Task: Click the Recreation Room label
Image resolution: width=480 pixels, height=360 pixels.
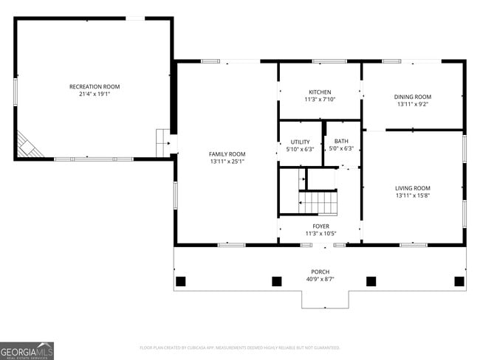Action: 94,86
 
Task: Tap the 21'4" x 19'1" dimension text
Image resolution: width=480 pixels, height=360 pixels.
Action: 94,94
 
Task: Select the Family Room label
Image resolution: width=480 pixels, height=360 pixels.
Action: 227,153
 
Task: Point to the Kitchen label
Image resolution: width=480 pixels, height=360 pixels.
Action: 320,92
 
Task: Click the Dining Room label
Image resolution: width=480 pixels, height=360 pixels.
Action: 412,97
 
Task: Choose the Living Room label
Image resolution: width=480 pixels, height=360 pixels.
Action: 412,188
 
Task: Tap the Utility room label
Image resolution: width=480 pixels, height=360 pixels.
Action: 300,142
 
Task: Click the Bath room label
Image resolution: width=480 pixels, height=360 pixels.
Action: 340,141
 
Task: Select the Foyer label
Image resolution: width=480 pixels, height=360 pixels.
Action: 320,226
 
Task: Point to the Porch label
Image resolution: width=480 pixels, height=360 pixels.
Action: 320,271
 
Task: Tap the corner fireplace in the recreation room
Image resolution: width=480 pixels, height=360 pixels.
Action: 28,145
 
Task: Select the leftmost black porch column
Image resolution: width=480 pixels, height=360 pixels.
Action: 180,281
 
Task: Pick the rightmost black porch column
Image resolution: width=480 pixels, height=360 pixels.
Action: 459,281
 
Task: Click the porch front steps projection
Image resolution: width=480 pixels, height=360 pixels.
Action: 324,299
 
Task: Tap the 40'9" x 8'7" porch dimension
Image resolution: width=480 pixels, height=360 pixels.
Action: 320,280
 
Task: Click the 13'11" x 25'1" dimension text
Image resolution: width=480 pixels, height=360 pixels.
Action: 227,162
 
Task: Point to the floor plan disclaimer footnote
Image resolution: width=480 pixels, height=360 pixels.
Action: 239,347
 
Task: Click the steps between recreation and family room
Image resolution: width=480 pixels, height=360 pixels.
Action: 162,142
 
